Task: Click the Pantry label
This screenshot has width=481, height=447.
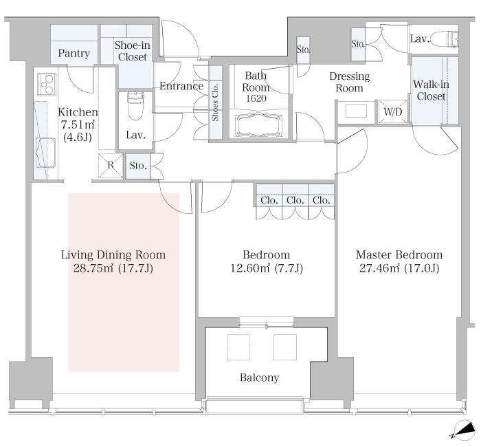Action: point(74,53)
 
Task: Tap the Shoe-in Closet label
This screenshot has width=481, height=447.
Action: point(132,51)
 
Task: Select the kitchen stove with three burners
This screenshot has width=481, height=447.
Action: point(47,84)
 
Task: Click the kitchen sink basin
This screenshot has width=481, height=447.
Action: point(46,153)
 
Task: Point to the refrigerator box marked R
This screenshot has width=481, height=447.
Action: point(111,166)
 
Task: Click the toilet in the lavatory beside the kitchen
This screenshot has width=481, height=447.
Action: point(135,105)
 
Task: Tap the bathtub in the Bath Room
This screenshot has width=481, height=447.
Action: point(258,125)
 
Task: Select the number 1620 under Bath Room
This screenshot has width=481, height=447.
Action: point(256,98)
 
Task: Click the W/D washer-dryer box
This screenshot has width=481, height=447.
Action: point(392,111)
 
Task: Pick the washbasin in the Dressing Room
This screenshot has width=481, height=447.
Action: point(356,111)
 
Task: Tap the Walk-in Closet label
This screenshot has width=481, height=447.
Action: point(431,90)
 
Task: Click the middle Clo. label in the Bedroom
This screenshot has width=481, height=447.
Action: point(295,200)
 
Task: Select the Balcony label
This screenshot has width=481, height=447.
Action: point(260,378)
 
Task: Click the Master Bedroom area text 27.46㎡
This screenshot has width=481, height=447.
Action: point(379,268)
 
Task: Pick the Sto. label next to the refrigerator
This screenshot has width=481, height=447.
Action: point(138,166)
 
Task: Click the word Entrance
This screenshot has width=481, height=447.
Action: point(181,86)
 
